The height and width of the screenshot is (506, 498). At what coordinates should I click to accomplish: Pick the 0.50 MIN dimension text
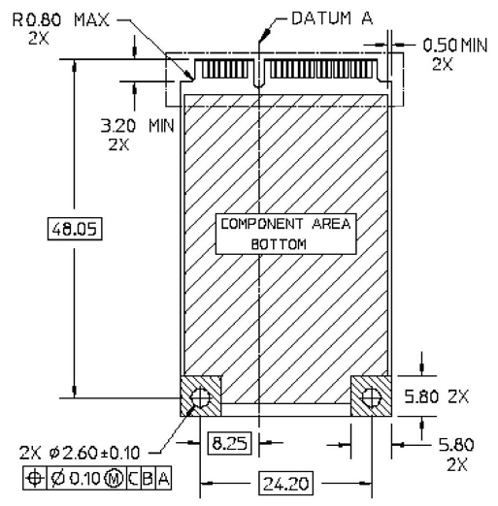[456, 45]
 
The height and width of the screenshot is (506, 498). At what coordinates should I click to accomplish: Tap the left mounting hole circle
[201, 396]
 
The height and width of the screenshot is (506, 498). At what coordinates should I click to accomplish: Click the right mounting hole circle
[370, 396]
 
